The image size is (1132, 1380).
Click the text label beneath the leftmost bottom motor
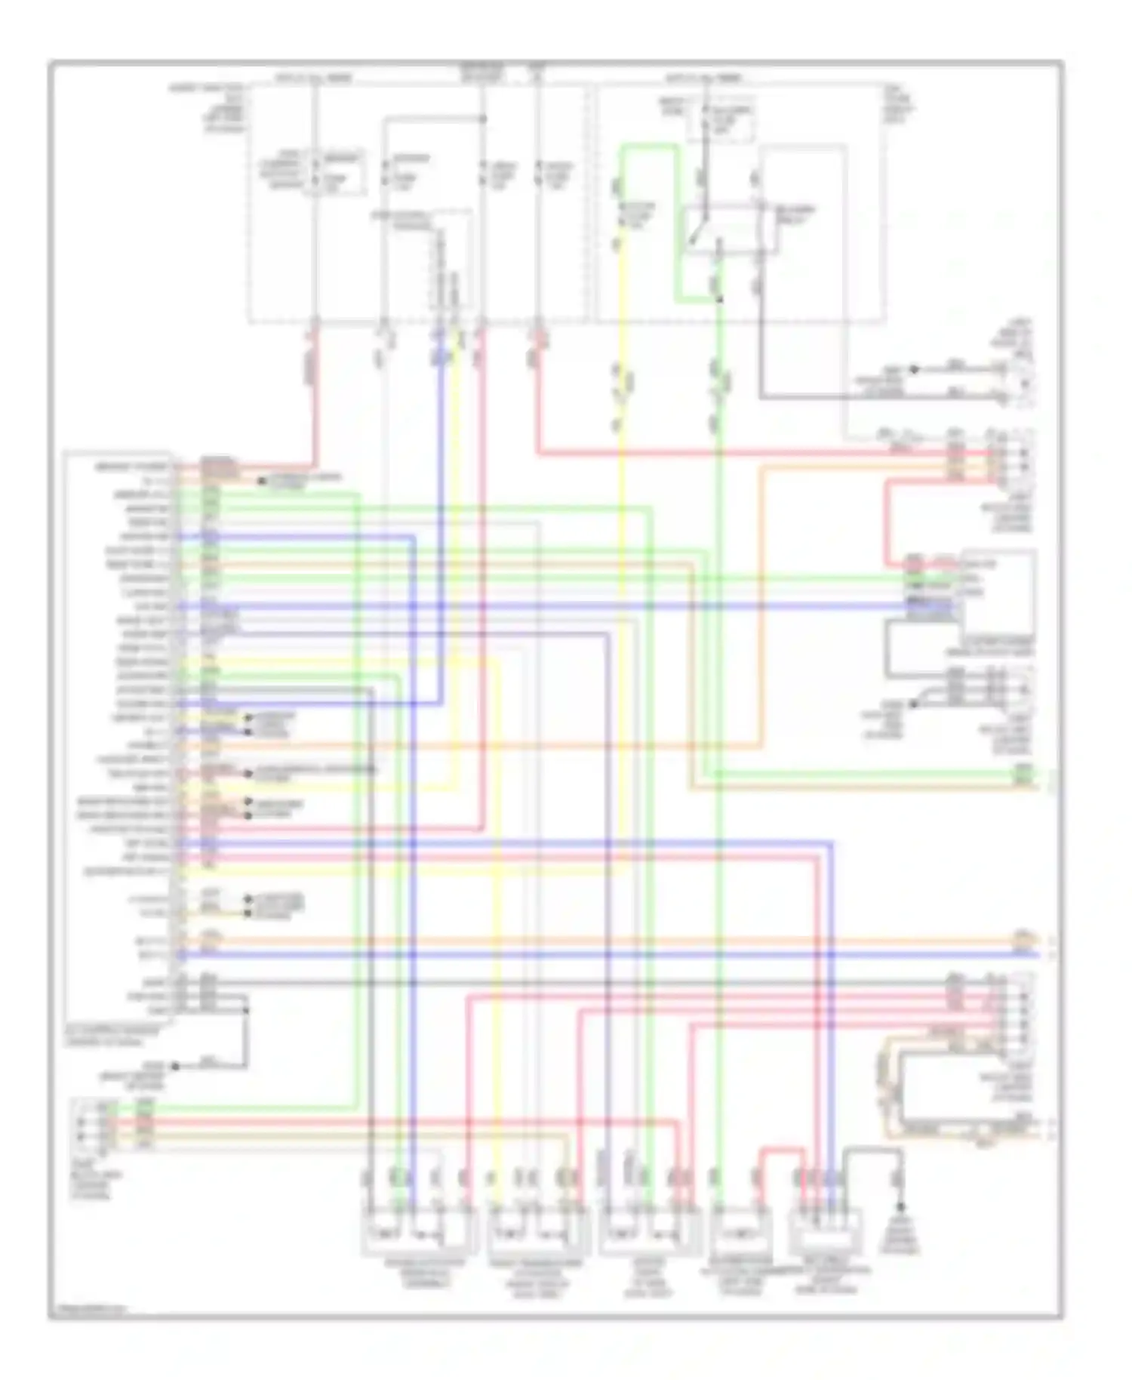tap(419, 1274)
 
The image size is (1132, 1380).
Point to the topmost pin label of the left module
tap(133, 468)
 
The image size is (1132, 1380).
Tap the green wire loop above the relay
tap(649, 148)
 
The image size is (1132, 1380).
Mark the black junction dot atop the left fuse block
tap(483, 119)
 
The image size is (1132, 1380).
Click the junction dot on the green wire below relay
tap(720, 300)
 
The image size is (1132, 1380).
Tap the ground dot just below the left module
tap(176, 1066)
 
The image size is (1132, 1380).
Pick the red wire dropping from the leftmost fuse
tap(313, 393)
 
